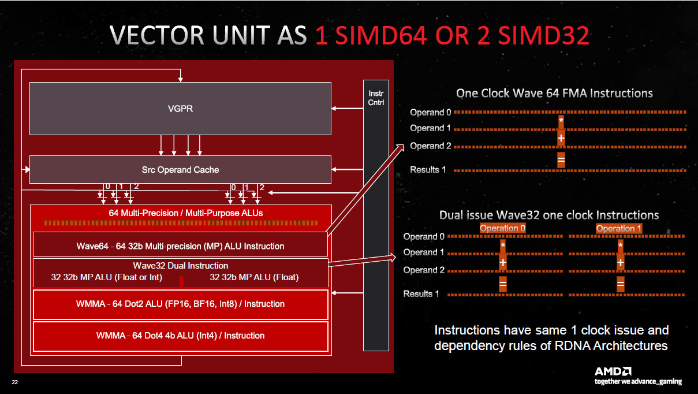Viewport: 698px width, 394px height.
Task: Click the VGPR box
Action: pos(180,109)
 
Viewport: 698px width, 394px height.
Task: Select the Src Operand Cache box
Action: pos(180,170)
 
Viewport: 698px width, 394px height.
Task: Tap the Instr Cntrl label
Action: pos(376,98)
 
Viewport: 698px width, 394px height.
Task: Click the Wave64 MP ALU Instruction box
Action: pos(180,246)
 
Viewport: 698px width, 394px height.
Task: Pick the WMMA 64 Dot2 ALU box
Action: pos(180,304)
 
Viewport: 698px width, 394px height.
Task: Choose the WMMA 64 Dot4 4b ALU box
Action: pos(180,336)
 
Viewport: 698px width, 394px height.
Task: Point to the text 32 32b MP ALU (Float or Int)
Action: pos(107,277)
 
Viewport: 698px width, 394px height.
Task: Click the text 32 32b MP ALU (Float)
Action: pos(254,277)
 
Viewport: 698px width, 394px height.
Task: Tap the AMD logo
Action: pos(613,371)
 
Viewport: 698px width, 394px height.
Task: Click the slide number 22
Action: pos(15,382)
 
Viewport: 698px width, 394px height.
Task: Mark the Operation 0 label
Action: pos(503,228)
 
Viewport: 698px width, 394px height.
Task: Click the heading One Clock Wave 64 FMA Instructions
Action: pos(554,93)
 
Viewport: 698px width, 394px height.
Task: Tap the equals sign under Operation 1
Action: pos(621,284)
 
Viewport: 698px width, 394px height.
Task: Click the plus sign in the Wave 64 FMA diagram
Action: pos(561,139)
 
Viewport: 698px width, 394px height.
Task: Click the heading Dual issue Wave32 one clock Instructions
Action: pos(549,215)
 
